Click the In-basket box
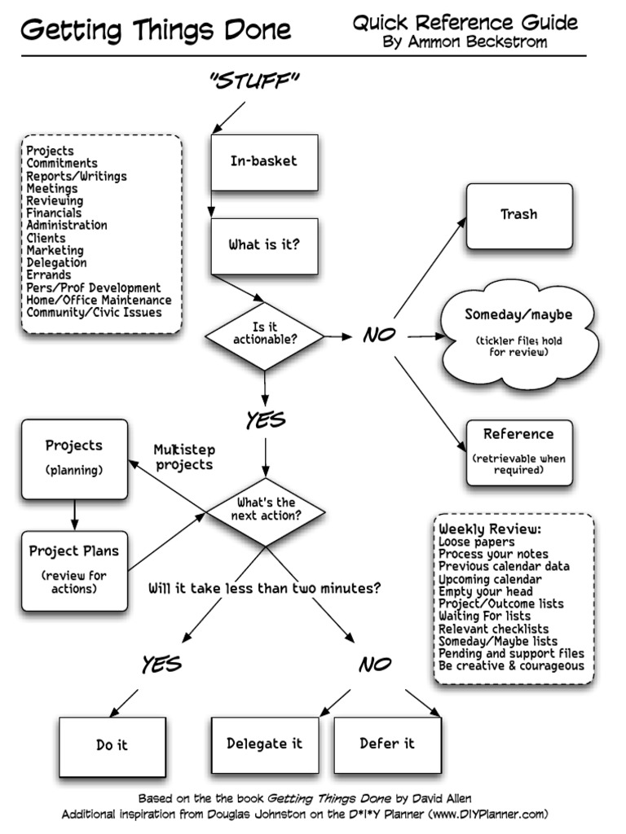click(263, 161)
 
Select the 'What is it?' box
click(263, 244)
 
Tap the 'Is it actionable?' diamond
click(264, 334)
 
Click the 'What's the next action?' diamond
click(265, 510)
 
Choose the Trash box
click(518, 215)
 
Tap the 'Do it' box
click(112, 745)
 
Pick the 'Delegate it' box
click(264, 744)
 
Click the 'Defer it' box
click(387, 744)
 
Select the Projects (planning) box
click(74, 459)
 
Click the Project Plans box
click(74, 569)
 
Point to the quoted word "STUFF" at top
click(254, 80)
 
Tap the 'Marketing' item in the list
click(55, 251)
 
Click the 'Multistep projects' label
click(183, 458)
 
